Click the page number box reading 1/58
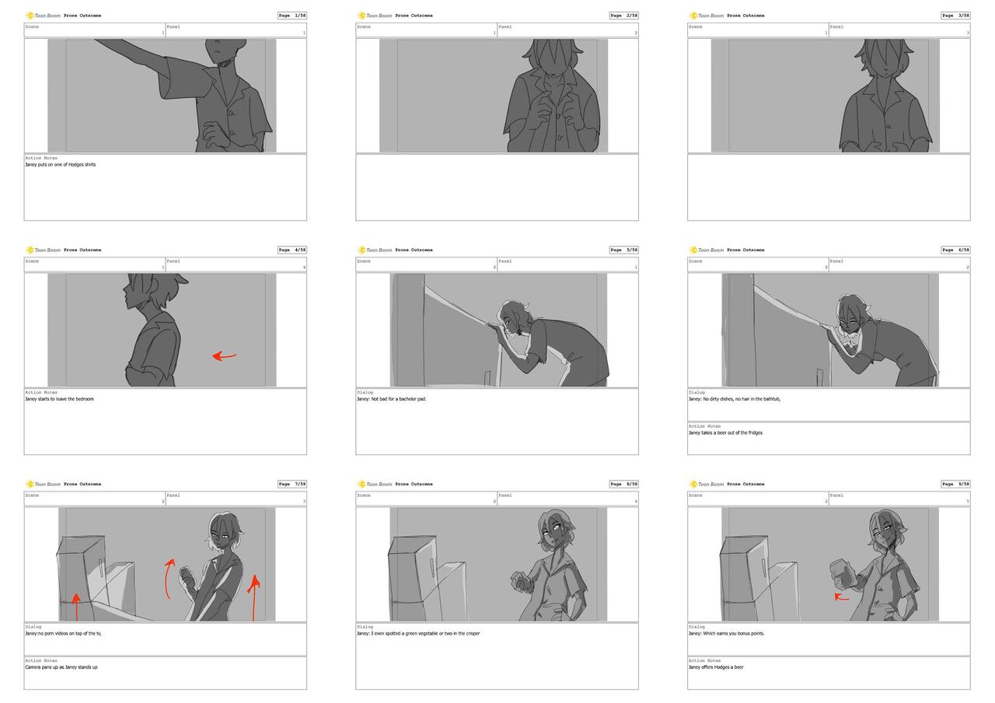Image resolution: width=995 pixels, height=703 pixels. [x=292, y=16]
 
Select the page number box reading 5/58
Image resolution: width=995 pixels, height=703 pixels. [x=623, y=250]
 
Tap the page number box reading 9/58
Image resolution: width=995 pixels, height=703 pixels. [x=955, y=484]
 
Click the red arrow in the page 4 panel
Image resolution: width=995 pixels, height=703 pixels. [x=225, y=356]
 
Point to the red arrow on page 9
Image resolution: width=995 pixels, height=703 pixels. [x=842, y=597]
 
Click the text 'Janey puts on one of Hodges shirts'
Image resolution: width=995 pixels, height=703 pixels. [x=61, y=165]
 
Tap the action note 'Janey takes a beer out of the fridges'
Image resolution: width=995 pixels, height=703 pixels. [x=725, y=432]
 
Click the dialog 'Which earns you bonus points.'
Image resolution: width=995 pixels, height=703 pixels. [x=726, y=633]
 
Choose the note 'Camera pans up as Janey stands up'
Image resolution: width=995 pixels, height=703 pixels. [x=61, y=667]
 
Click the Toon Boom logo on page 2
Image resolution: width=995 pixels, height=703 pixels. [x=375, y=16]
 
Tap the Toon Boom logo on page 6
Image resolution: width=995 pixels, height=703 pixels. [x=706, y=250]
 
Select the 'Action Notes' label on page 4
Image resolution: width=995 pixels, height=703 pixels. [x=41, y=393]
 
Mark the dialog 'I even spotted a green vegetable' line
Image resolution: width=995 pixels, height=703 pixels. [x=418, y=633]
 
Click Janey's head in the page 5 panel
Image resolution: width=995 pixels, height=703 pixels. [x=513, y=315]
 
